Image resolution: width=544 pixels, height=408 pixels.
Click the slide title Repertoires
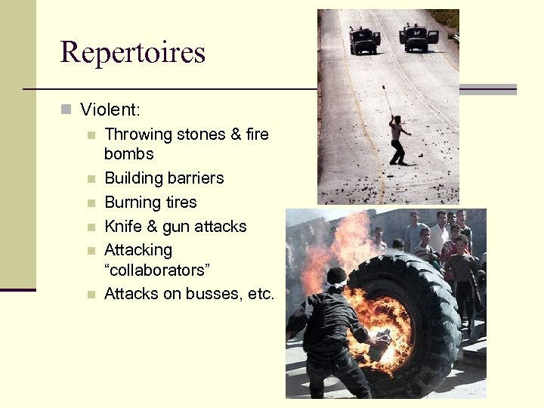(132, 52)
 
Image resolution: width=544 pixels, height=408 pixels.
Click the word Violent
(110, 110)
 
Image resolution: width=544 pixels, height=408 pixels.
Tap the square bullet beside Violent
(66, 110)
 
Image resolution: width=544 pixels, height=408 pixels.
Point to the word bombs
(128, 154)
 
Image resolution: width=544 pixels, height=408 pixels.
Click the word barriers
(195, 178)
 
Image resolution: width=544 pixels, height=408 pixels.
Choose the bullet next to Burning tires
(91, 203)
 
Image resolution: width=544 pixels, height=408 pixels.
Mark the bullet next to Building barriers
(91, 179)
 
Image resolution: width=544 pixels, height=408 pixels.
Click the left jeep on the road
(364, 40)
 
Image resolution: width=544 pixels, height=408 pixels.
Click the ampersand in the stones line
(233, 134)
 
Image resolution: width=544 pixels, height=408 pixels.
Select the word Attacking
(138, 250)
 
